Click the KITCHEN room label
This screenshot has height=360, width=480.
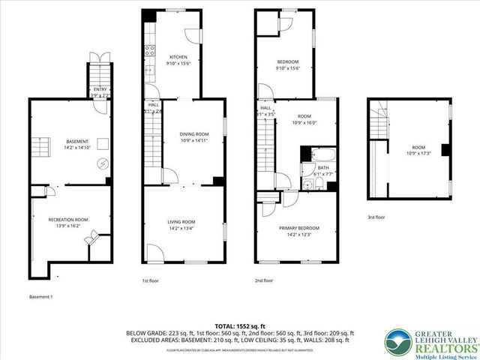[178, 58]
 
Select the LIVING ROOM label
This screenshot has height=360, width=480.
[181, 222]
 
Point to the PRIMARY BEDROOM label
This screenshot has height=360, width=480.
[299, 228]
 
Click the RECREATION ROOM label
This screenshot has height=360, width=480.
[68, 220]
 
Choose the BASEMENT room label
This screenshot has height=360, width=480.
[76, 142]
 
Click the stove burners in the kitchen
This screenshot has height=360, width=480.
[149, 52]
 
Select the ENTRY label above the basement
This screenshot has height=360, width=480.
[100, 89]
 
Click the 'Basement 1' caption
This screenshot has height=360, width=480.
[41, 296]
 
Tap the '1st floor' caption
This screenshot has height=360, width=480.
[151, 280]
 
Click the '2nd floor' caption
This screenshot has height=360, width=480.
[264, 280]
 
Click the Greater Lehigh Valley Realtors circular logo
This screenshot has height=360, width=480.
[397, 341]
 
